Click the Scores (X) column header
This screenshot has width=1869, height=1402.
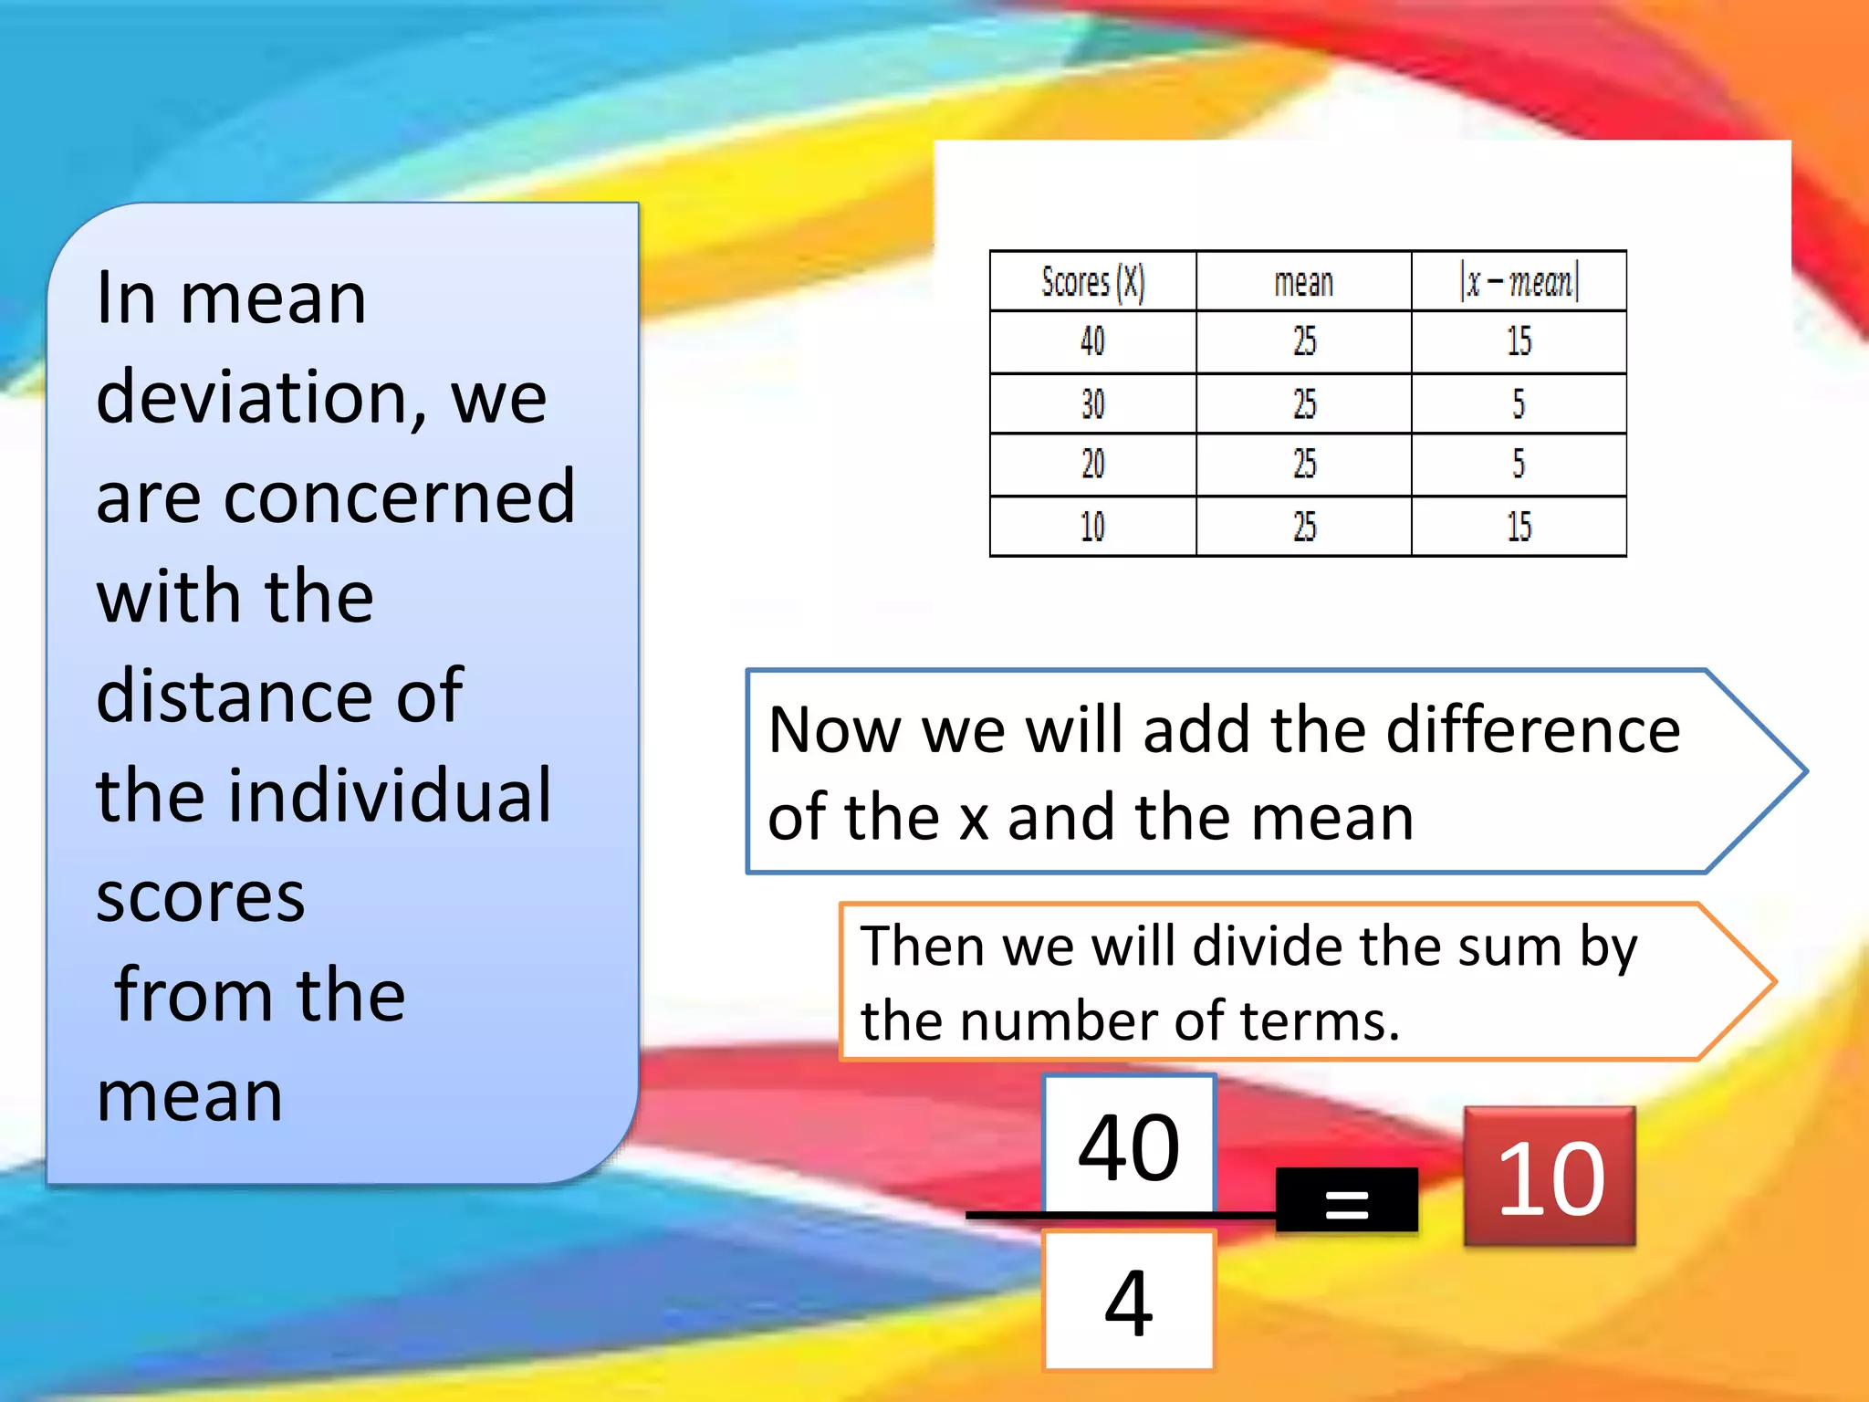1092,282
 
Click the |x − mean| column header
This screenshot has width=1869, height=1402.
1519,282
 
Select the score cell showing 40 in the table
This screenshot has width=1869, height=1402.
1092,342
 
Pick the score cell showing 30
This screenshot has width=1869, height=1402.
1092,403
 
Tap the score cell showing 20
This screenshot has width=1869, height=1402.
1092,465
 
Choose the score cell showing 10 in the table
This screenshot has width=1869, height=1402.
1092,527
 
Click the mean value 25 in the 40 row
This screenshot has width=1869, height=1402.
1304,342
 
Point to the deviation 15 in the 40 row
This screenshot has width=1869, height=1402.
1519,342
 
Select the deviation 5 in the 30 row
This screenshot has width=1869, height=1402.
1519,403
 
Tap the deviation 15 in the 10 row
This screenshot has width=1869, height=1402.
1519,527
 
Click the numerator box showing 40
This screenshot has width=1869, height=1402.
1129,1146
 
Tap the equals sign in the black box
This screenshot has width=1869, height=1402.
1347,1202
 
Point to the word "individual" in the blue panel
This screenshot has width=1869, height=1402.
390,796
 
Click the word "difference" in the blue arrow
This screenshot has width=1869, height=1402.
1533,731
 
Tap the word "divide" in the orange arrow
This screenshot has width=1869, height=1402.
1269,947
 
